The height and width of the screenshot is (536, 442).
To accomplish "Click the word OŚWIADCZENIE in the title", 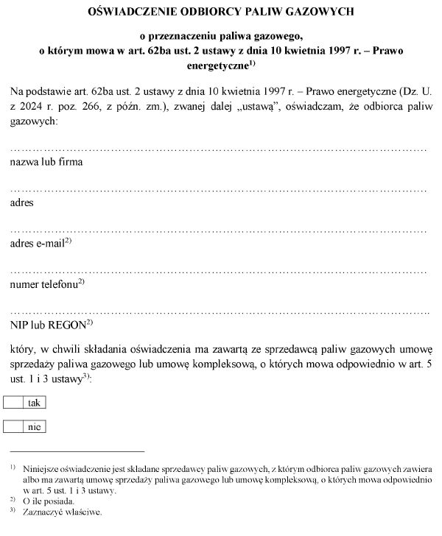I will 130,12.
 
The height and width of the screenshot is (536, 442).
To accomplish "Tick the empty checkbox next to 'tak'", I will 14,402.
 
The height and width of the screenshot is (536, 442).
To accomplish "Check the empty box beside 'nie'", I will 14,426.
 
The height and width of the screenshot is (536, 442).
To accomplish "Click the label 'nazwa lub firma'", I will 46,161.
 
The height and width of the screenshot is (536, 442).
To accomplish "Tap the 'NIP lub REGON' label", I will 49,324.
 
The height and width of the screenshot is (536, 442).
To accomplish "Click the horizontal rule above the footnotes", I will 77,451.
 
